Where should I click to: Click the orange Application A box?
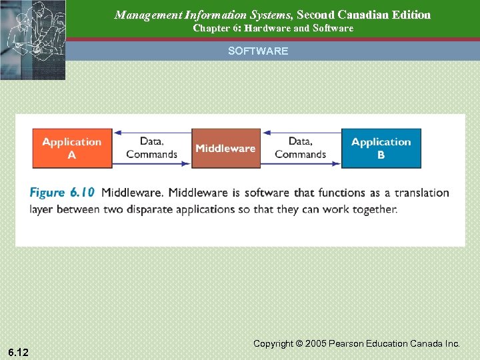coord(72,148)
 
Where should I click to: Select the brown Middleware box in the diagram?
coord(225,148)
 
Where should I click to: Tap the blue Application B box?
coord(381,148)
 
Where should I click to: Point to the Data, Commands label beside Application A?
coord(152,148)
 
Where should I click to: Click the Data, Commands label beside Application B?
coord(300,148)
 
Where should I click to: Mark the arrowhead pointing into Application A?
coord(117,132)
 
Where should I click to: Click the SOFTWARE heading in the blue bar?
coord(258,51)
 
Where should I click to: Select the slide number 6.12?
coord(19,351)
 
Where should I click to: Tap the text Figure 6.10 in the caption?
coord(63,193)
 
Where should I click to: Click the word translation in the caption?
coord(421,193)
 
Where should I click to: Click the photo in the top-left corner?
coord(33,40)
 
